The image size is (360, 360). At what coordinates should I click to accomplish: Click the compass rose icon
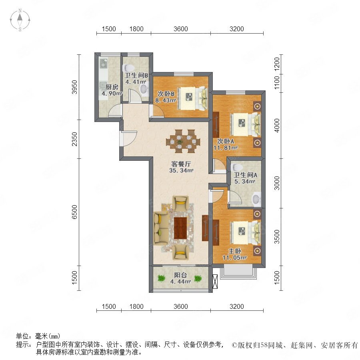(x=20, y=20)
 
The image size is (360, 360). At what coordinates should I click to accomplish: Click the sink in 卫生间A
(x=256, y=199)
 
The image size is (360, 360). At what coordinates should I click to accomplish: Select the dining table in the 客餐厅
(x=183, y=141)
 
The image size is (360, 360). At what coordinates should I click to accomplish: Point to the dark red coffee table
(x=180, y=228)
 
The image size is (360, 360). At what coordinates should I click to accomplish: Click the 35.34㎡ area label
(x=181, y=170)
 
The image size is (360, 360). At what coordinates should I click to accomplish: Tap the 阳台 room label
(x=180, y=275)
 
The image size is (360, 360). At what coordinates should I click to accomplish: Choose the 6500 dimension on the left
(x=74, y=212)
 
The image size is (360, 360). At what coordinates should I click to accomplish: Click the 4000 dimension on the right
(x=277, y=125)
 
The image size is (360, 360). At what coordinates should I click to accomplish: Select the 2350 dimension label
(x=74, y=139)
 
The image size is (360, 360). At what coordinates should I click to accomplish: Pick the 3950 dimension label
(x=74, y=87)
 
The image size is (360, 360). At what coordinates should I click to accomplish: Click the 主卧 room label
(x=235, y=251)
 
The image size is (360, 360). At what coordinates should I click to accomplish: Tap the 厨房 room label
(x=112, y=87)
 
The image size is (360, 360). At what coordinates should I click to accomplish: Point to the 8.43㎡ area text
(x=166, y=100)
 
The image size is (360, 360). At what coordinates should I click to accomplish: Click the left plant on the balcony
(x=161, y=278)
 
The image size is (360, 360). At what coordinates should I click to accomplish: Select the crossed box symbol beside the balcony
(x=215, y=281)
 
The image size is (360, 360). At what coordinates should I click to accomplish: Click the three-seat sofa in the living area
(x=161, y=228)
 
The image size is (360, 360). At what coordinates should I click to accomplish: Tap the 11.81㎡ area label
(x=226, y=148)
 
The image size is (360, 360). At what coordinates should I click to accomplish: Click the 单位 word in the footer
(x=22, y=336)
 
